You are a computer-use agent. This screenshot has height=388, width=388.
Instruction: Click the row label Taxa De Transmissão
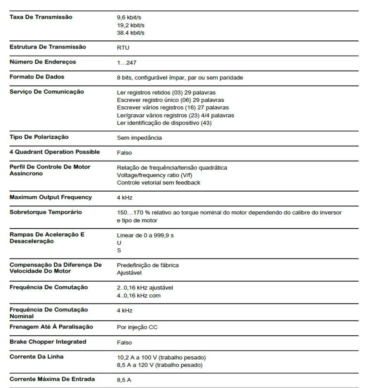click(x=41, y=17)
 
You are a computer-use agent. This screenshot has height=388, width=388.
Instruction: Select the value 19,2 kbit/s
click(x=131, y=25)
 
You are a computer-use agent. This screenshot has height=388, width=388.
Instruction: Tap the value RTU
click(x=123, y=48)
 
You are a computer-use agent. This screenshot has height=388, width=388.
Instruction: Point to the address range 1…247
click(x=126, y=62)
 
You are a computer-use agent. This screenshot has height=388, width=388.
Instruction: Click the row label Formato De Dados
click(x=37, y=77)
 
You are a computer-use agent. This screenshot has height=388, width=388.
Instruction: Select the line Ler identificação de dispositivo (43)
click(x=164, y=123)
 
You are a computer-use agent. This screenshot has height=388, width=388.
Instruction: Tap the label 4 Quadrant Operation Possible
click(x=55, y=152)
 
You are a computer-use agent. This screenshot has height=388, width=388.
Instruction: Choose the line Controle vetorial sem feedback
click(x=159, y=182)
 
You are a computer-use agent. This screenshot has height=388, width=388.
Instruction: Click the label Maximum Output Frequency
click(x=50, y=197)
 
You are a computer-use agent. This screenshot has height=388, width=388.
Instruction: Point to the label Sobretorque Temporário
click(x=46, y=212)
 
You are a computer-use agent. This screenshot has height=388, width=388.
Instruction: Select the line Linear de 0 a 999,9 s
click(x=145, y=235)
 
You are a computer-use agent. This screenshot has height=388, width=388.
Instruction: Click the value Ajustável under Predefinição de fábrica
click(x=129, y=272)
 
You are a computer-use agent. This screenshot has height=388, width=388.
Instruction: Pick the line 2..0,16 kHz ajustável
click(x=145, y=288)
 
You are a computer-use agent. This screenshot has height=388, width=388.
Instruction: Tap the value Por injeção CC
click(x=137, y=327)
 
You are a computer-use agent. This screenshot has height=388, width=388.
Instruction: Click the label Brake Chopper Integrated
click(x=48, y=342)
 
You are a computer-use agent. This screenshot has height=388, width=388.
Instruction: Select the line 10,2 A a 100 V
click(x=161, y=357)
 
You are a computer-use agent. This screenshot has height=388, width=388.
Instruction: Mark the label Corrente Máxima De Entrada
click(x=52, y=379)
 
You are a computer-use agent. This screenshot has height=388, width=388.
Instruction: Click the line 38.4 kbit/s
click(x=131, y=33)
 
